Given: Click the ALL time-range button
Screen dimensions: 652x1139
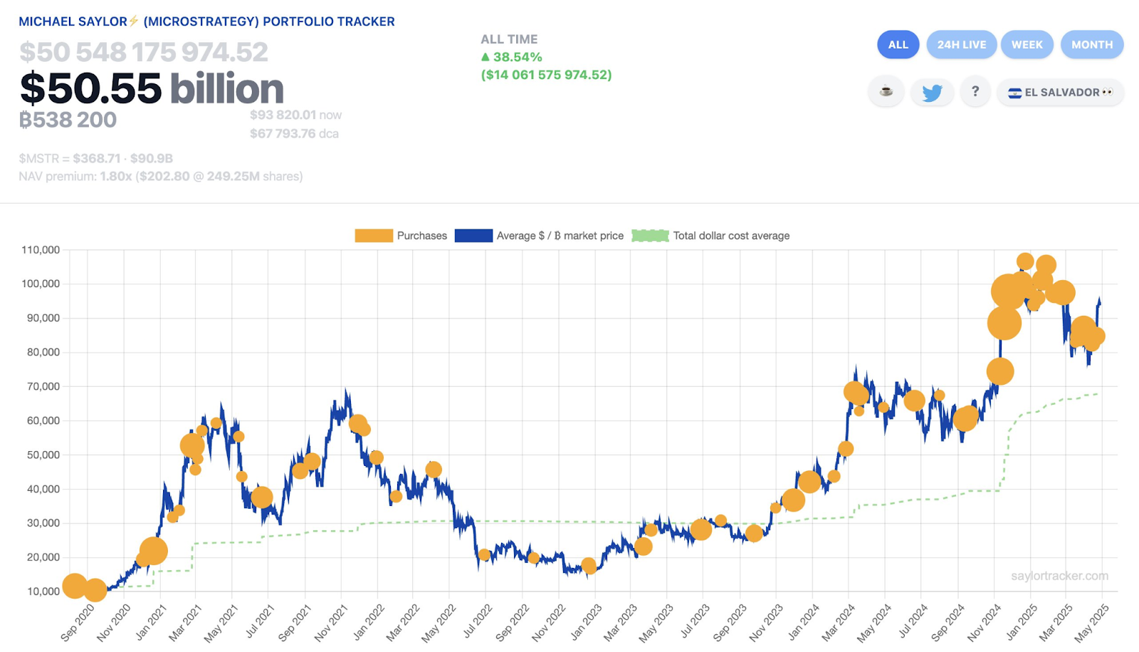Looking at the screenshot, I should tap(898, 44).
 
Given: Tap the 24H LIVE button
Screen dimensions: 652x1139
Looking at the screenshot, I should tap(961, 44).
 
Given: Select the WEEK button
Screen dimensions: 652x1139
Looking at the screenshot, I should tap(1027, 44).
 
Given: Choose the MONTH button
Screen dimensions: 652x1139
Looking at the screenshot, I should tap(1091, 44).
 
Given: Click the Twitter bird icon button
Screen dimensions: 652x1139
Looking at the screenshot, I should tap(932, 93).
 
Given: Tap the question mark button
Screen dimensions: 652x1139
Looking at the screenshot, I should tap(975, 92).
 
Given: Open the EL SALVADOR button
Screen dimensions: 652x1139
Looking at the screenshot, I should tap(1060, 93).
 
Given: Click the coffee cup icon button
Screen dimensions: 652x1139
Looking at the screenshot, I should tap(886, 92).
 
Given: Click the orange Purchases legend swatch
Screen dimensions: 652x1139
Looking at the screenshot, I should tap(374, 236).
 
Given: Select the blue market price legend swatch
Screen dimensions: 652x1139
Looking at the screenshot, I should tap(473, 236).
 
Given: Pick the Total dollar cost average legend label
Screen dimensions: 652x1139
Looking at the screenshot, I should tap(731, 236).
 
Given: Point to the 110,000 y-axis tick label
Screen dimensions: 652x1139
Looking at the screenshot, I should tap(41, 250).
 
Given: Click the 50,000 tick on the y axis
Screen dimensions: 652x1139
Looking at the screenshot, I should tap(43, 455).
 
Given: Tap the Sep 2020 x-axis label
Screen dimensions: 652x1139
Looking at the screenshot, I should tap(77, 622).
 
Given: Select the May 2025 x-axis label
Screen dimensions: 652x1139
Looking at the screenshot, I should tap(1091, 622).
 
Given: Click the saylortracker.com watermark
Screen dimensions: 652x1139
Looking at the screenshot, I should tap(1059, 576).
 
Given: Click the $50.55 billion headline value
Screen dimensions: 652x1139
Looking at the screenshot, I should tap(152, 88).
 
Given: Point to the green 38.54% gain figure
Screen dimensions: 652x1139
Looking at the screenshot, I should tap(517, 57).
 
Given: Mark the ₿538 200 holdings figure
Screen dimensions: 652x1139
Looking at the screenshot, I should tap(68, 120).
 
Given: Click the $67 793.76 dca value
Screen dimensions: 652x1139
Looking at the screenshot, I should tap(294, 134).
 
